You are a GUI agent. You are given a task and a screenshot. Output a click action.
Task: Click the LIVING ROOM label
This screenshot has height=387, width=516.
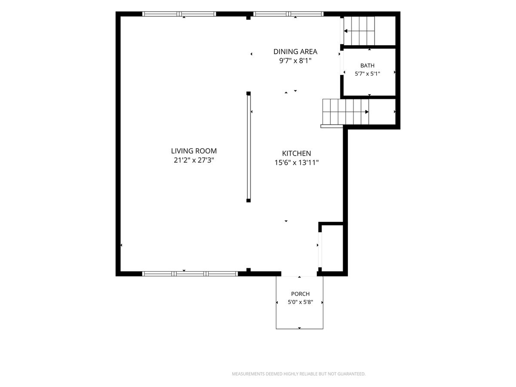tap(193, 151)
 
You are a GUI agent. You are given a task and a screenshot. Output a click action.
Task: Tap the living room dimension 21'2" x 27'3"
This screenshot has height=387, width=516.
tap(193, 160)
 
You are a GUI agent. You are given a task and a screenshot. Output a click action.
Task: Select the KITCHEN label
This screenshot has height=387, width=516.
tap(296, 154)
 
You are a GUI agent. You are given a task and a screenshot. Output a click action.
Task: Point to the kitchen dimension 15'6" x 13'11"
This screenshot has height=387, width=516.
tap(296, 163)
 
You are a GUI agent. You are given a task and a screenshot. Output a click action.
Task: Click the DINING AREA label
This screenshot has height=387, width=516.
tap(295, 52)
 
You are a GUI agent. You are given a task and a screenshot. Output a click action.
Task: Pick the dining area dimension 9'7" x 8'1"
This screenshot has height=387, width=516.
tap(295, 61)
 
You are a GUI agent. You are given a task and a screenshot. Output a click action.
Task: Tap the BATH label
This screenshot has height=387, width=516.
tap(367, 65)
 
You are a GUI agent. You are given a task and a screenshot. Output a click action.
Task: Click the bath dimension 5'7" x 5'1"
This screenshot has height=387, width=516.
tap(367, 74)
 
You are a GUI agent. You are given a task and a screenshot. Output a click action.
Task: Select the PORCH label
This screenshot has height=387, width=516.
tap(300, 294)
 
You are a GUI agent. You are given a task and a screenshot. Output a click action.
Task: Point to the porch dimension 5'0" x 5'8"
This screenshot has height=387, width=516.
tap(300, 302)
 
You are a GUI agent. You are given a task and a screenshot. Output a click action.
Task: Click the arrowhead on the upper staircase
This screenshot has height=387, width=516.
tap(346, 31)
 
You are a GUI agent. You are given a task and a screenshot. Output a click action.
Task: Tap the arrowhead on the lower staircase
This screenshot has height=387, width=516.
tap(367, 112)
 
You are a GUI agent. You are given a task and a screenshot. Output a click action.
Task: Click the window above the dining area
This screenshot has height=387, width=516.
tap(288, 14)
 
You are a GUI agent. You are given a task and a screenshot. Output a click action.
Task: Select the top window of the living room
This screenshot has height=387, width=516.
tap(179, 14)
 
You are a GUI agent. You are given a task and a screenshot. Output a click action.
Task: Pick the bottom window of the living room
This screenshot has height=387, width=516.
tap(190, 274)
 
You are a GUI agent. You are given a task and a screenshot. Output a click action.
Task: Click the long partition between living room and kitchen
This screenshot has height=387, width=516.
tap(249, 147)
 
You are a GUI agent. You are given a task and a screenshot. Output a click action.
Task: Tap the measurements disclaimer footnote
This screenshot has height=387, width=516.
tap(298, 374)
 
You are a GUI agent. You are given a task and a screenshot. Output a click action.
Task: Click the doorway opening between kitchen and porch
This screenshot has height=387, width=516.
tap(299, 274)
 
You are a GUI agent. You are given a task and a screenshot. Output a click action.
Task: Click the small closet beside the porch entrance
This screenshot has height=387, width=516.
tap(332, 248)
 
